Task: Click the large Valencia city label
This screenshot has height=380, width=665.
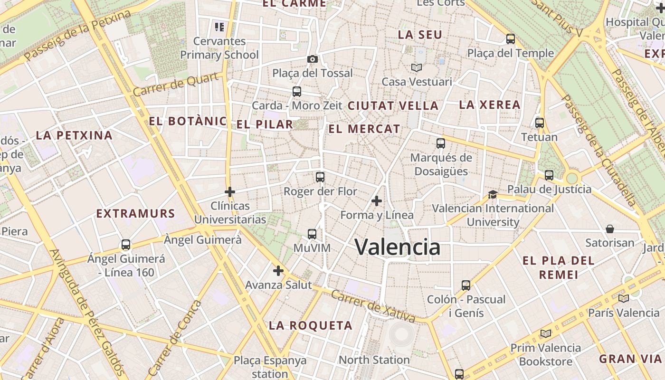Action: pos(397,247)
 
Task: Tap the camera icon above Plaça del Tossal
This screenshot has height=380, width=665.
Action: pos(313,59)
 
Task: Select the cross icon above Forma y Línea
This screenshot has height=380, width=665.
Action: pos(377,201)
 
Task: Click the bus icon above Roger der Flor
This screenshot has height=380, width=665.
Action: pos(320,177)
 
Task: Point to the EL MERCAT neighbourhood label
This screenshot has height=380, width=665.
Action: pos(364,129)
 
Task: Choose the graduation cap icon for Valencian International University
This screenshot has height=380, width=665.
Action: pos(493,195)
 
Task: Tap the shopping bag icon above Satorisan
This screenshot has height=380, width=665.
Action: pos(610,229)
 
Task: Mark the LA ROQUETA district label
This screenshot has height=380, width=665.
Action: pos(311,325)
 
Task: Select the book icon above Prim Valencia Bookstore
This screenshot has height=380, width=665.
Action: pos(545,333)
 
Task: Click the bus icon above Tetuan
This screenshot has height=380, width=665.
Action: pos(540,123)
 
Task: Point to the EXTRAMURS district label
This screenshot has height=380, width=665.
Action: pos(136,213)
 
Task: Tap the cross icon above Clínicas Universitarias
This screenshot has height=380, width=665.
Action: pos(230,192)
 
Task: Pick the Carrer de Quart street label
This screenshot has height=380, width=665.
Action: pos(177,84)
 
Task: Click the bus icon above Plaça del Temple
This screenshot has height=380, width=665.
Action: pos(511,39)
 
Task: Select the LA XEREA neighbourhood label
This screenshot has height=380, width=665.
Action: pos(490,105)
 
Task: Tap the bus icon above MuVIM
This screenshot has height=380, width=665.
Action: pos(312,234)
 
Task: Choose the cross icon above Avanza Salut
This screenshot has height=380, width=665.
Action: pos(278,271)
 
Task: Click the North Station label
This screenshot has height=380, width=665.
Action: pos(374,360)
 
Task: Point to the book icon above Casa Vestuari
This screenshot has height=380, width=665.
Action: pos(417,68)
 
